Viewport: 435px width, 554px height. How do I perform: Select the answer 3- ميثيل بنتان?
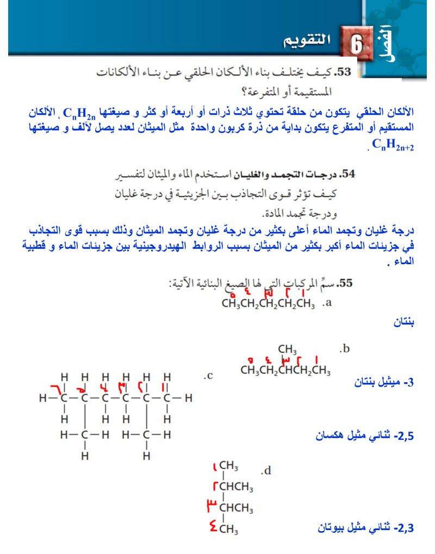coord(383,383)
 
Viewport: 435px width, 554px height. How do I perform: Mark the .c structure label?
coord(207,375)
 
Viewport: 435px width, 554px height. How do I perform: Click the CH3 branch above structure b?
coord(287,349)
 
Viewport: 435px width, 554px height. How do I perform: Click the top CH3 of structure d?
coord(229,466)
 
